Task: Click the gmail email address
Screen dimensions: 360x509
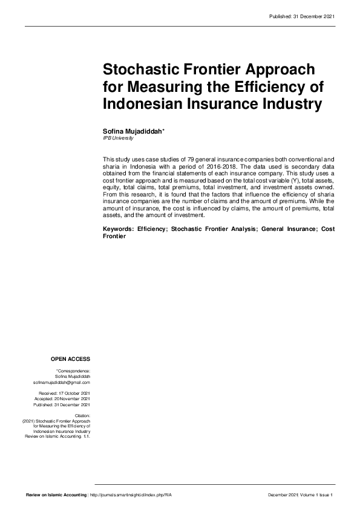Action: [62, 383]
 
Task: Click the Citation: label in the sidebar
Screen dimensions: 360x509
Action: [82, 416]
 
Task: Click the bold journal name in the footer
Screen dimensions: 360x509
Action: [56, 495]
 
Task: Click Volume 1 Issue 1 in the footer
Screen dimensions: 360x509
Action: [315, 495]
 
